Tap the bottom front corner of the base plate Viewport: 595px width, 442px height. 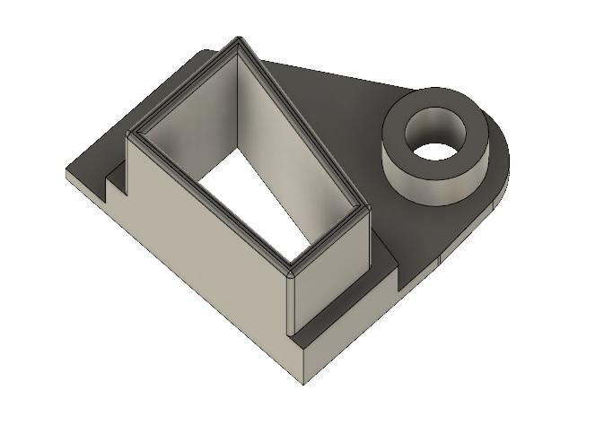[x=303, y=382]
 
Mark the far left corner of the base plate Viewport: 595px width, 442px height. [x=67, y=172]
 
